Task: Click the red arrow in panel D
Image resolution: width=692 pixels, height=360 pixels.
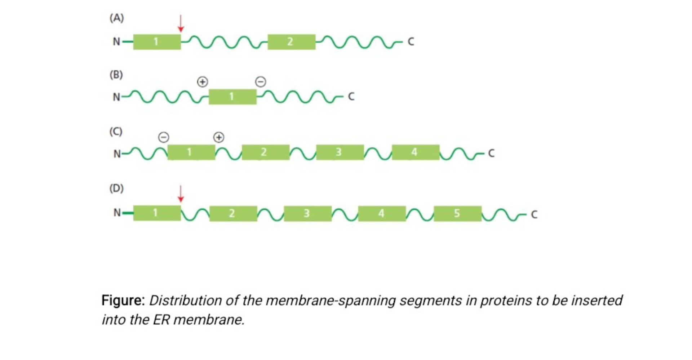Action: tap(181, 194)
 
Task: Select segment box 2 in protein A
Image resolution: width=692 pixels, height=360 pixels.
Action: tap(291, 42)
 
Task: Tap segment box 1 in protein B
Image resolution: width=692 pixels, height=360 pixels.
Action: tap(232, 97)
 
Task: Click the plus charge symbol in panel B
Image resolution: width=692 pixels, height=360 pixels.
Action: tap(203, 82)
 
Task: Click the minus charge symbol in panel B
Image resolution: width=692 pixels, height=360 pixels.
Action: tap(261, 82)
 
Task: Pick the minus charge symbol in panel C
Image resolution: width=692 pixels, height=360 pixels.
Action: tap(164, 137)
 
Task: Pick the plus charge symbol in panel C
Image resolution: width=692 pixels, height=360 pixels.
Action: tap(219, 137)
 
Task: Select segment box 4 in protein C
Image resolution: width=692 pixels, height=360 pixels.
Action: tap(416, 152)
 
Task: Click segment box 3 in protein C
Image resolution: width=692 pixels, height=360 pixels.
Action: tap(340, 152)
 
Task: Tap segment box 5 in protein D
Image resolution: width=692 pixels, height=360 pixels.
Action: tap(457, 214)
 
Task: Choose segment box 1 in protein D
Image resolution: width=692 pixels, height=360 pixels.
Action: tap(157, 213)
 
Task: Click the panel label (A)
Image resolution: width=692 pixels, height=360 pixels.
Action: tap(116, 18)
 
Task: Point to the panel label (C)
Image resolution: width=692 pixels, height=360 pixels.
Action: tap(116, 132)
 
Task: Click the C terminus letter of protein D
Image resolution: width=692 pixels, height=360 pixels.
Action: tap(534, 215)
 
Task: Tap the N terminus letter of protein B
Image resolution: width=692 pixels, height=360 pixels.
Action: tap(116, 97)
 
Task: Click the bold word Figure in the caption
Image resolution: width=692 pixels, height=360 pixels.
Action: tap(123, 300)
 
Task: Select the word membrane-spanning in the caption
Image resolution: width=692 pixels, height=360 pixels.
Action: tap(331, 300)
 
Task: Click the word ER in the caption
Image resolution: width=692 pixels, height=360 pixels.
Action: tap(161, 320)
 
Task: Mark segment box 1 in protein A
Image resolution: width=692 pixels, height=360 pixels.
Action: tap(157, 42)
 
